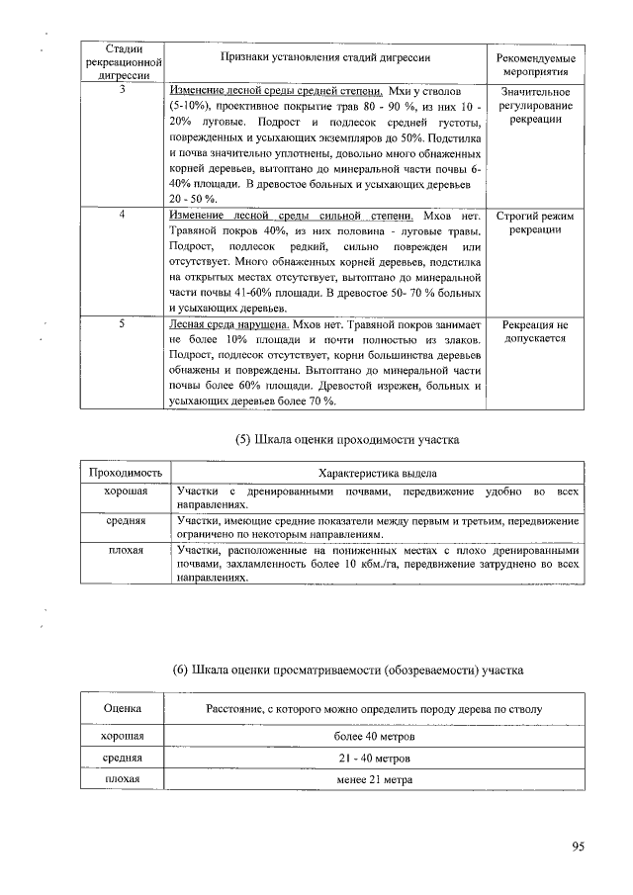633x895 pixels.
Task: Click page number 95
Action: coord(578,845)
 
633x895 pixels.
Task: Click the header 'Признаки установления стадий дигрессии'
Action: coord(326,58)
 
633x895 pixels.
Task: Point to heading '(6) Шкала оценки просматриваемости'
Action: coord(346,671)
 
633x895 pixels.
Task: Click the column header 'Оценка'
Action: coord(122,709)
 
